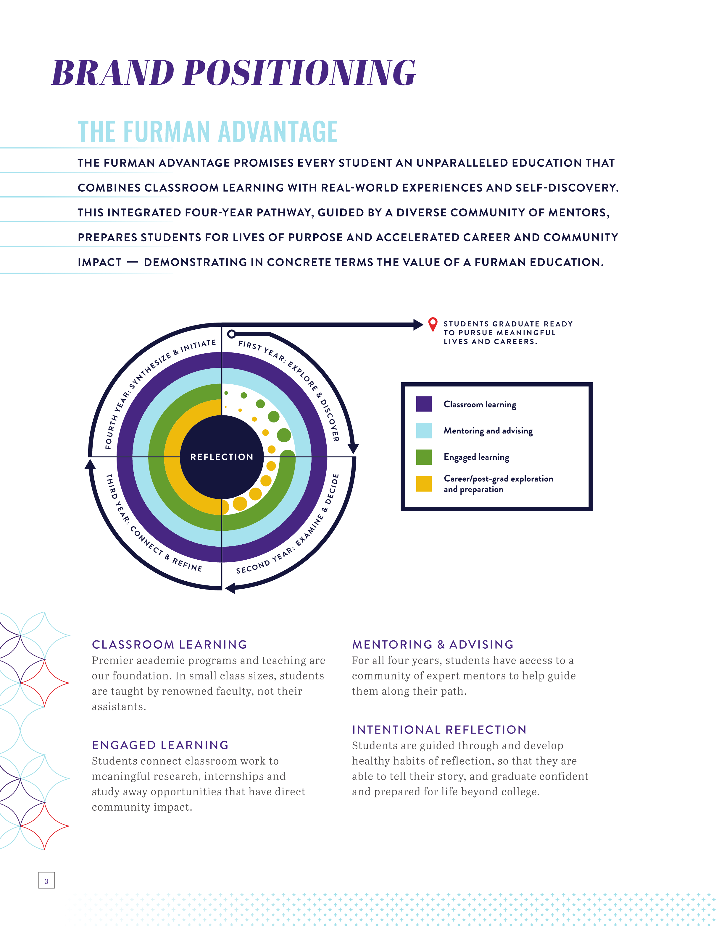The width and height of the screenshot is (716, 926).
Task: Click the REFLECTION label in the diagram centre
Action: tap(221, 456)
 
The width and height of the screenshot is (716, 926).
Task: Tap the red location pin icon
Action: tap(432, 324)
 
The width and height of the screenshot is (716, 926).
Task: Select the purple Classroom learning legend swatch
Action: tap(424, 404)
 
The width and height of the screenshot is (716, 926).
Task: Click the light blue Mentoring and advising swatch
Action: tap(424, 430)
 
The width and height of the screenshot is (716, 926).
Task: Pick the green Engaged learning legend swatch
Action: tap(424, 457)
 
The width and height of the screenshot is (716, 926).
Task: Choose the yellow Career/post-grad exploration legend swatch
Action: tap(424, 484)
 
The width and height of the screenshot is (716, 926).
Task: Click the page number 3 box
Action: tap(46, 880)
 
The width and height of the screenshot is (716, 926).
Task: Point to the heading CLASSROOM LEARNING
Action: tap(169, 645)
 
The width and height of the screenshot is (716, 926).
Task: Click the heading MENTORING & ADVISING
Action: tap(433, 645)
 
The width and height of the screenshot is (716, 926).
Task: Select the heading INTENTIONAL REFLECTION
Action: tap(439, 730)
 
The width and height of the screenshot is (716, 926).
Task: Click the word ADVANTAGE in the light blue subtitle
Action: tap(278, 132)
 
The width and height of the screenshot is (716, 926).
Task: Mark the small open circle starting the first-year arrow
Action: tap(231, 334)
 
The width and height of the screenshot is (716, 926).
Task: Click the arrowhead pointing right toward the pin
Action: tap(418, 325)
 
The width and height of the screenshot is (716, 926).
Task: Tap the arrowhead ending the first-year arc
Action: tap(353, 449)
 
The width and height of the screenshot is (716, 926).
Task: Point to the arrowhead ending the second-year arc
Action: tap(230, 588)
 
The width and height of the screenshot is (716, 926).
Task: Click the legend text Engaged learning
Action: tap(476, 457)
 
